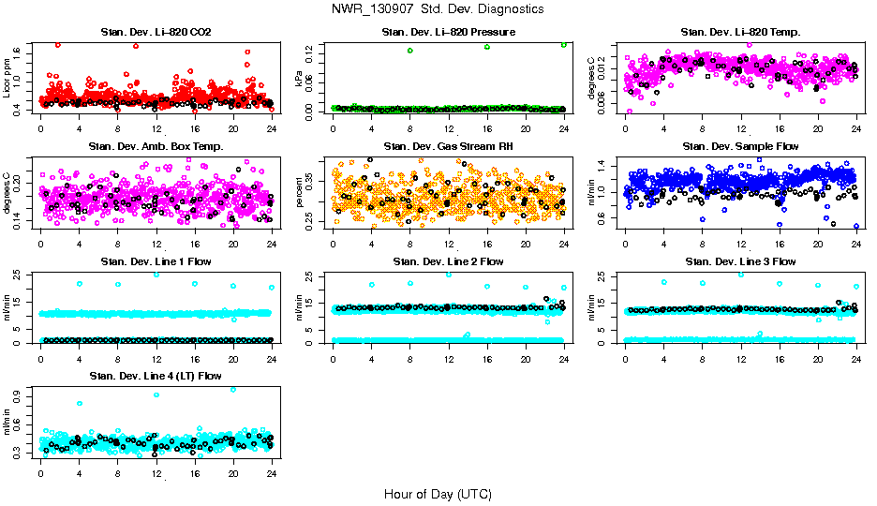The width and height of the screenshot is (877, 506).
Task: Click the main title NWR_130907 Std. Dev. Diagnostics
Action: [x=438, y=8]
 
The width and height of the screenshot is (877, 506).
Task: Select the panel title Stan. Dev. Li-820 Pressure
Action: [x=449, y=33]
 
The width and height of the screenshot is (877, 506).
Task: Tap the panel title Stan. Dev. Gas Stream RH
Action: [x=449, y=146]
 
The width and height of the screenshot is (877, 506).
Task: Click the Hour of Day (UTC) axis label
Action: [x=438, y=494]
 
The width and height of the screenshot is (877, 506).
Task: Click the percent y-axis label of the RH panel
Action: [x=300, y=190]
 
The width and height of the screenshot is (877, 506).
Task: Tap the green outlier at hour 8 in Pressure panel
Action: [x=410, y=51]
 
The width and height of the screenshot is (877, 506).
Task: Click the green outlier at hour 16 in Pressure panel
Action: [x=487, y=47]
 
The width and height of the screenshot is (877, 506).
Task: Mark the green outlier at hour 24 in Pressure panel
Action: [x=564, y=44]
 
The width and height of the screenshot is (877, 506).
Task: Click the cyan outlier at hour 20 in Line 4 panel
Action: [x=233, y=389]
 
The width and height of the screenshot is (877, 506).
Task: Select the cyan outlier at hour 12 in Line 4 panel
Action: [x=156, y=394]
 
